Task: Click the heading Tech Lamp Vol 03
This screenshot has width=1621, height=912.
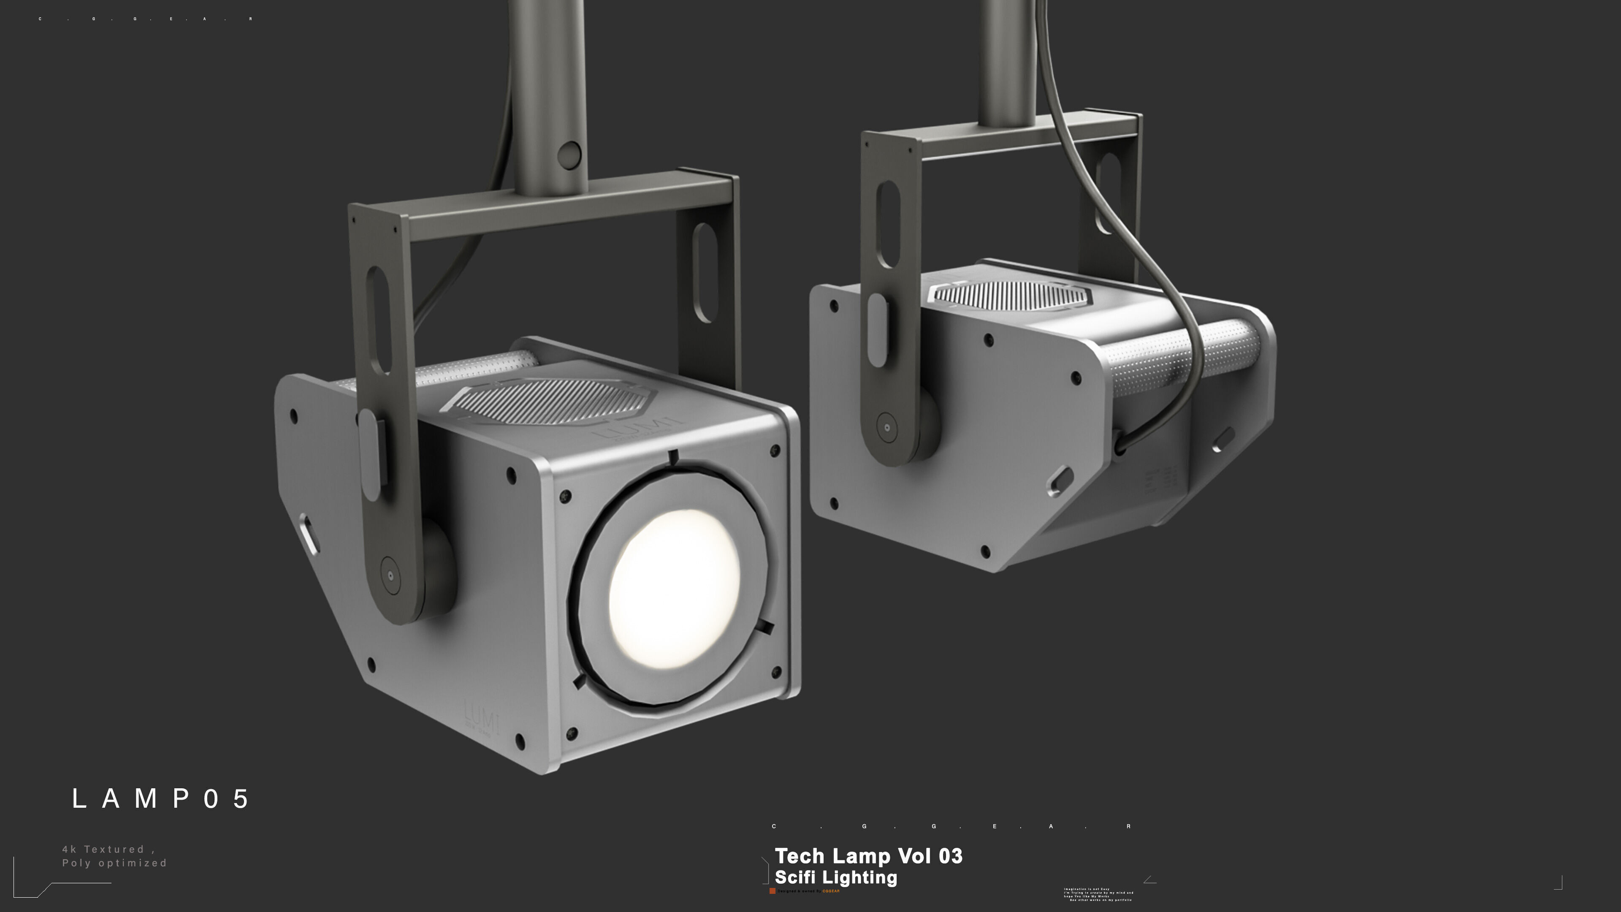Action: click(868, 856)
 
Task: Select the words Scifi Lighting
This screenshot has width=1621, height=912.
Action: click(836, 877)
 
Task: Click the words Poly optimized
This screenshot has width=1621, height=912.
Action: click(114, 863)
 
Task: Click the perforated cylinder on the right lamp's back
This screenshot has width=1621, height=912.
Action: click(1183, 356)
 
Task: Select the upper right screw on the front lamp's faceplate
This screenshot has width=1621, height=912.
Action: click(775, 451)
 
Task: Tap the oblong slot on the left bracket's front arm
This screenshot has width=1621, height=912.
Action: click(378, 321)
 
